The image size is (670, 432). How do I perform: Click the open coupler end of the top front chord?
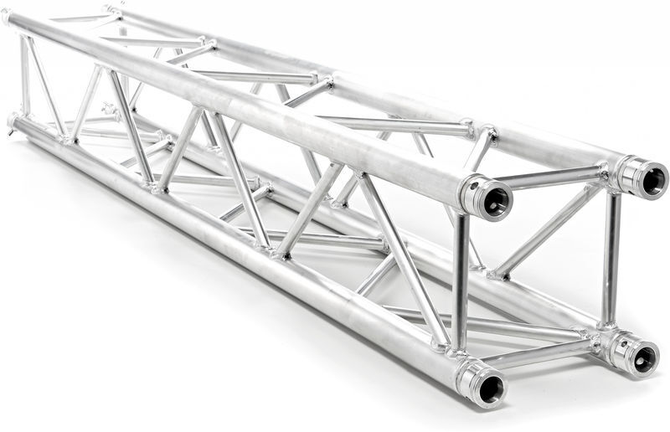tap(497, 199)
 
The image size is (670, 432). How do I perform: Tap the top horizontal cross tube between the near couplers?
tap(553, 177)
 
